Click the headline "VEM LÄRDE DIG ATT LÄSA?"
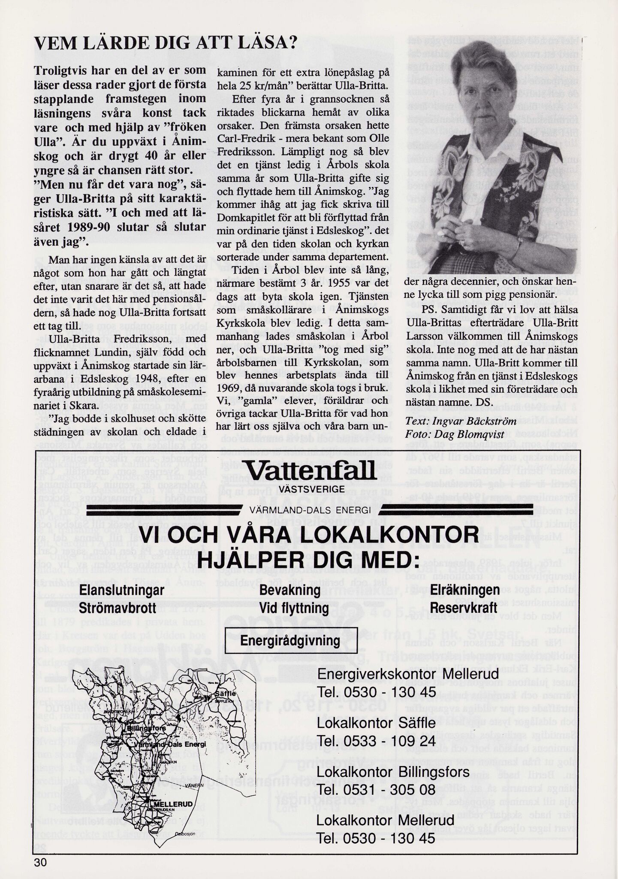tap(166, 44)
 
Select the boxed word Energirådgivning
tap(290, 641)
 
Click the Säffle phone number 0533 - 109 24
tap(376, 741)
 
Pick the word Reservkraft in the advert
tap(463, 607)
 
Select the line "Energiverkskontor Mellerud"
tap(408, 674)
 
